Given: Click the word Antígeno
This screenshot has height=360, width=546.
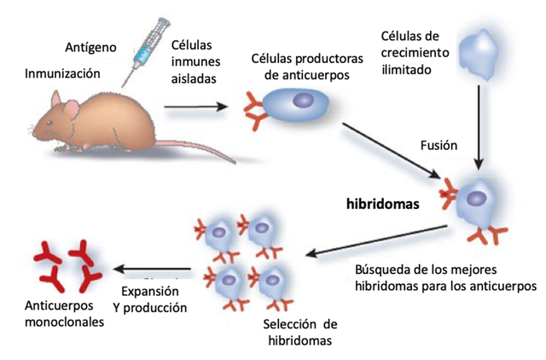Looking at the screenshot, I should pos(91,45).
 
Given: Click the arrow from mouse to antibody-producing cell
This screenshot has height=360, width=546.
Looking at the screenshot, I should pos(196,107).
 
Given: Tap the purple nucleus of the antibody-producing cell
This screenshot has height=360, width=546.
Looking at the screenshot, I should pos(301,100).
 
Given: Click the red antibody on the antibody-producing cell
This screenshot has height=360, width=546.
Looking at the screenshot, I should pos(257,109).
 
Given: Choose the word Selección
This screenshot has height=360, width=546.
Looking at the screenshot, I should pos(283,324).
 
